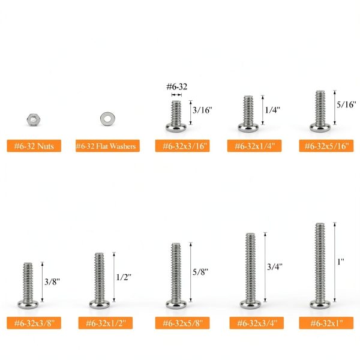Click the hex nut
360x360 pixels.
tap(34, 119)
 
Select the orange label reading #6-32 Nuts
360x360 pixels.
tap(34, 146)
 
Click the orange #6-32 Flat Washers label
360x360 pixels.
tap(107, 146)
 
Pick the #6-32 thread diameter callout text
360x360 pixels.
tap(177, 86)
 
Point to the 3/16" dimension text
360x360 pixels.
tap(203, 110)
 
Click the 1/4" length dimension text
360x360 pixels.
tap(272, 110)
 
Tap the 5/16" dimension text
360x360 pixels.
tap(346, 104)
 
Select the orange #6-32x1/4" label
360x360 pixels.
tap(254, 146)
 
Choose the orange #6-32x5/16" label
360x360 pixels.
tap(326, 146)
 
